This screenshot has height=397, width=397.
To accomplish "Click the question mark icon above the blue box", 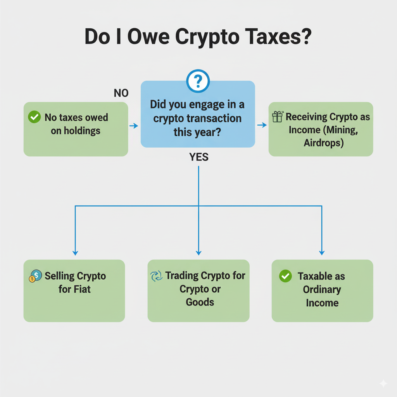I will pyautogui.click(x=198, y=81).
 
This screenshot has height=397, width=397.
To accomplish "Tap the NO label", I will pyautogui.click(x=121, y=93).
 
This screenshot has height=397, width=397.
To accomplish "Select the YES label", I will pyautogui.click(x=199, y=157).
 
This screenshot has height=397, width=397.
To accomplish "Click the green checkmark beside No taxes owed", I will pyautogui.click(x=35, y=117).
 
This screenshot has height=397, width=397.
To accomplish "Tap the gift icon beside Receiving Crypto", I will pyautogui.click(x=278, y=116).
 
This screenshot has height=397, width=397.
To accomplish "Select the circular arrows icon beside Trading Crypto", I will pyautogui.click(x=156, y=276).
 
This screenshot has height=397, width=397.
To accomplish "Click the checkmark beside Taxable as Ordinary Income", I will pyautogui.click(x=285, y=276).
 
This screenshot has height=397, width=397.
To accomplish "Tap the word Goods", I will pyautogui.click(x=200, y=302).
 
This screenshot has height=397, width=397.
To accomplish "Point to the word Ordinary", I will pyautogui.click(x=322, y=290).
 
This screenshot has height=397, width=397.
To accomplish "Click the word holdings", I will pyautogui.click(x=76, y=131).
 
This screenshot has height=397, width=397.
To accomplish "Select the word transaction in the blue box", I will pyautogui.click(x=215, y=118).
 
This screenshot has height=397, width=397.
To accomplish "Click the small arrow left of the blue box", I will pyautogui.click(x=133, y=126).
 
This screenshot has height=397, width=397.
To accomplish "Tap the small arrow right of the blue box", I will pyautogui.click(x=262, y=125).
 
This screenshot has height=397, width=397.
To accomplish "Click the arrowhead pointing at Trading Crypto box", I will pyautogui.click(x=198, y=253).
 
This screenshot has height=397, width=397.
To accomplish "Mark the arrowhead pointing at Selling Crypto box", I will pyautogui.click(x=75, y=253).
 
